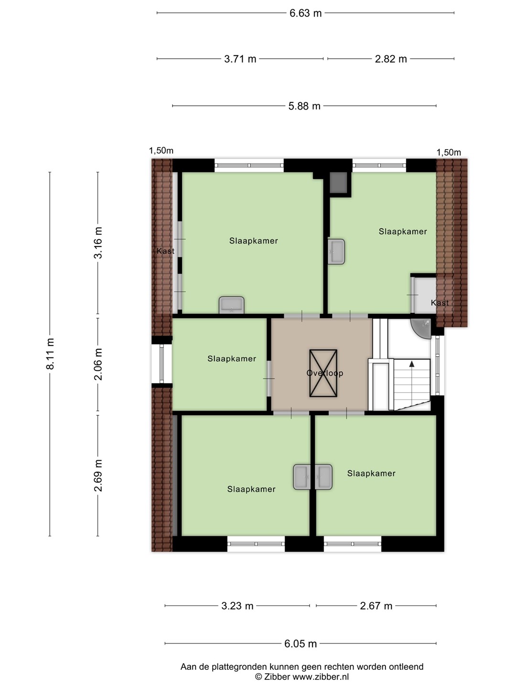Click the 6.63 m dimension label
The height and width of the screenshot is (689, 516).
(305, 13)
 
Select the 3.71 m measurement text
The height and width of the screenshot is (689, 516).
(240, 59)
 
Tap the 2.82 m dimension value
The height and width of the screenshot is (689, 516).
(391, 59)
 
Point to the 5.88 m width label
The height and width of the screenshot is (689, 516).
(304, 106)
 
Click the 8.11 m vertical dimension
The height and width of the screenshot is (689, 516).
(51, 354)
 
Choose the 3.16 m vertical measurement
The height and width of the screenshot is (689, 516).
(98, 243)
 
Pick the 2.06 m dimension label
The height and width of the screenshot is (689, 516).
(98, 364)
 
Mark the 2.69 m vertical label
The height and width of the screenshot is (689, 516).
(98, 476)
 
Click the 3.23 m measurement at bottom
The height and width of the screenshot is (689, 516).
(237, 606)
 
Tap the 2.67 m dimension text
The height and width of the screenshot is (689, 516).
(376, 606)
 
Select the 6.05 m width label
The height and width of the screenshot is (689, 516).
(301, 644)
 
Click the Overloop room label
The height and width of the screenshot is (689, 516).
(325, 373)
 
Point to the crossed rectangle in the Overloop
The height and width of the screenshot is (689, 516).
(323, 373)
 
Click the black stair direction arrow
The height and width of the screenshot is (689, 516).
(412, 364)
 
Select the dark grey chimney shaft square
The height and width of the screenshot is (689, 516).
(338, 183)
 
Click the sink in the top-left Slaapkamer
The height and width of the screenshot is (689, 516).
(232, 305)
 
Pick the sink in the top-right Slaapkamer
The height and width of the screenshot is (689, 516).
(336, 251)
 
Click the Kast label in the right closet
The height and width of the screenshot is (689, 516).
(440, 303)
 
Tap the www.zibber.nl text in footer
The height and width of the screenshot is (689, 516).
(321, 677)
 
